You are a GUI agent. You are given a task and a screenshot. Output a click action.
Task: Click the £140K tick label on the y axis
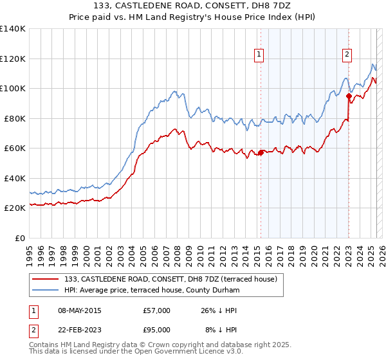click(13, 29)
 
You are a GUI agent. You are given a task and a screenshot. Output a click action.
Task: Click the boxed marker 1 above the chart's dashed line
click(259, 55)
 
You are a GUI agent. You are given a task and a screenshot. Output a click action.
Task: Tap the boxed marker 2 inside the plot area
click(347, 55)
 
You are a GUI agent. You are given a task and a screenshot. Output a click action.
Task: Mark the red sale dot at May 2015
click(261, 153)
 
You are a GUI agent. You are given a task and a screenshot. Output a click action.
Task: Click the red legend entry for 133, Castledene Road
click(170, 279)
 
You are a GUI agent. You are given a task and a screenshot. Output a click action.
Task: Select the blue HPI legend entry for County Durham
click(152, 291)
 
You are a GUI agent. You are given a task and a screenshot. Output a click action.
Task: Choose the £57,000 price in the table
click(157, 310)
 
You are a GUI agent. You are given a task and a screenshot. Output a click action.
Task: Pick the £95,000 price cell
click(157, 330)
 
